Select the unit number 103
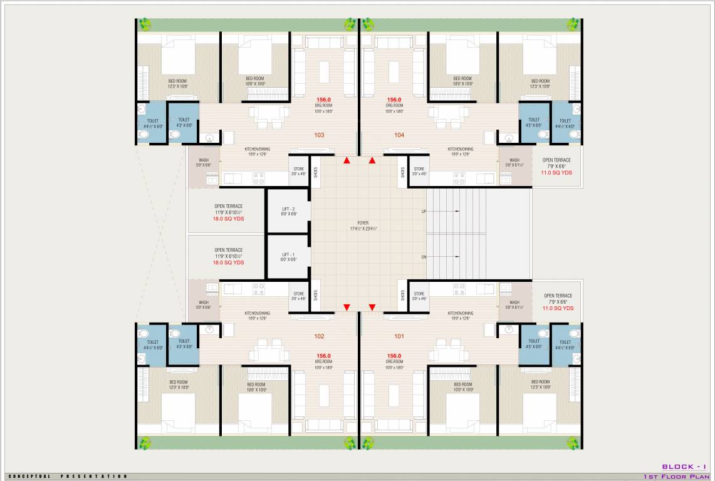[x=319, y=135]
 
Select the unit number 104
[x=399, y=135]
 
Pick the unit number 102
[x=319, y=336]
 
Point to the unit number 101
[x=399, y=336]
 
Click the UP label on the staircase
[x=424, y=212]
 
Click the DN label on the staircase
[x=424, y=257]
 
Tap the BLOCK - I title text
[x=684, y=467]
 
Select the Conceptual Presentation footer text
[x=68, y=477]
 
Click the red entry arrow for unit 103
[x=347, y=161]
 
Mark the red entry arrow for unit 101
[x=372, y=307]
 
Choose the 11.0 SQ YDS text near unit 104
[x=557, y=172]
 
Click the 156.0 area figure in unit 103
[x=323, y=100]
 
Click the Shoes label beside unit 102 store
[x=316, y=295]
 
